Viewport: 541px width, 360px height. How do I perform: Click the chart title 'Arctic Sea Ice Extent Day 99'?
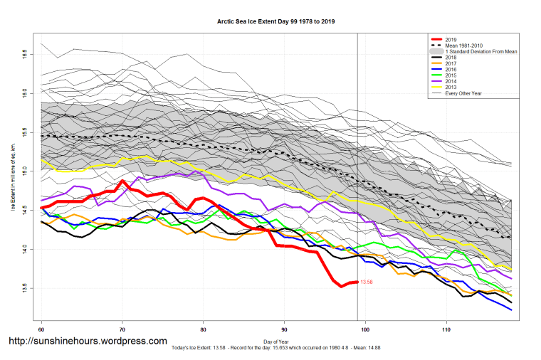coord(275,21)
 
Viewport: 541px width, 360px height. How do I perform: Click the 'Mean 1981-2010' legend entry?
coord(463,46)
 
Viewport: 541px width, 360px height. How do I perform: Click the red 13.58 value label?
coord(367,282)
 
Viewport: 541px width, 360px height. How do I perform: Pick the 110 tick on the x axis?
coord(446,330)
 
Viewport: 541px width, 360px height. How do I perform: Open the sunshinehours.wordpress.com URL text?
coord(88,342)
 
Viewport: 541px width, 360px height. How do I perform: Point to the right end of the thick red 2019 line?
coord(356,282)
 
